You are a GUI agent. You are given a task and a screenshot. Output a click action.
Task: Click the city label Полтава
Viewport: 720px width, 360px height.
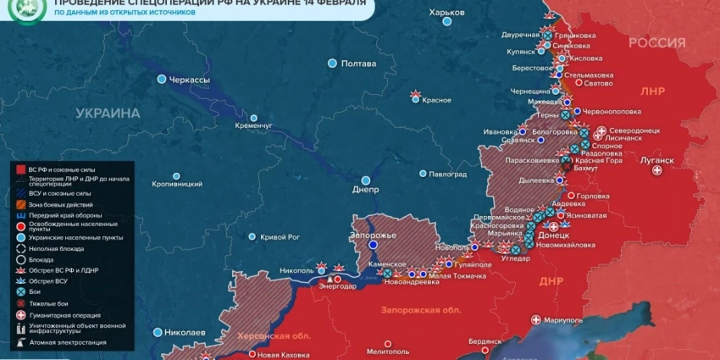[358, 64]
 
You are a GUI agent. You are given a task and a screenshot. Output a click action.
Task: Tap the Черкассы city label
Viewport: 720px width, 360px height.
[190, 80]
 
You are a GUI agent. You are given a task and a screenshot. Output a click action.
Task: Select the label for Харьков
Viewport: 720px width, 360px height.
[446, 12]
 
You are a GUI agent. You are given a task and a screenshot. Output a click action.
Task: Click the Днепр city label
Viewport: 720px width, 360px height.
[365, 191]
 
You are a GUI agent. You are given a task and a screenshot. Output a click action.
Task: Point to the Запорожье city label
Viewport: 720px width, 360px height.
[374, 235]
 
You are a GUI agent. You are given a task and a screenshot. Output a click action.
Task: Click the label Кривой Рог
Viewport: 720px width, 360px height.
[280, 237]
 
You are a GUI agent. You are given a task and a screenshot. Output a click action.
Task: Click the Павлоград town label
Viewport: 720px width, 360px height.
[448, 174]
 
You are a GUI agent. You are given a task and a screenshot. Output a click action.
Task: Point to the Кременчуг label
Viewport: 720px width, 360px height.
[254, 126]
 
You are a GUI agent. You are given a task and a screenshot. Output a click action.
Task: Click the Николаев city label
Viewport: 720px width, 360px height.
[185, 333]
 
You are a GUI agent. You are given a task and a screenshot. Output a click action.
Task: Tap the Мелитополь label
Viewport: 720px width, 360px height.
[389, 351]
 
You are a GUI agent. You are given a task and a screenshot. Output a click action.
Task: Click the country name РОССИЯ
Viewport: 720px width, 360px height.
[657, 43]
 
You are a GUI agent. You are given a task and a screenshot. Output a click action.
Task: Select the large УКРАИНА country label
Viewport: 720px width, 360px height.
[108, 114]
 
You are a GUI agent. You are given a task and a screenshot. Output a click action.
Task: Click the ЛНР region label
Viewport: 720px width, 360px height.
[653, 91]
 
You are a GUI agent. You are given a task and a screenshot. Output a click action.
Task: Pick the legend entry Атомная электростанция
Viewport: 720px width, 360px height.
[67, 342]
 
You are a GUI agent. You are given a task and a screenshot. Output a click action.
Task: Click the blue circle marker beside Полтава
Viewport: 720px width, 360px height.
[333, 64]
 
